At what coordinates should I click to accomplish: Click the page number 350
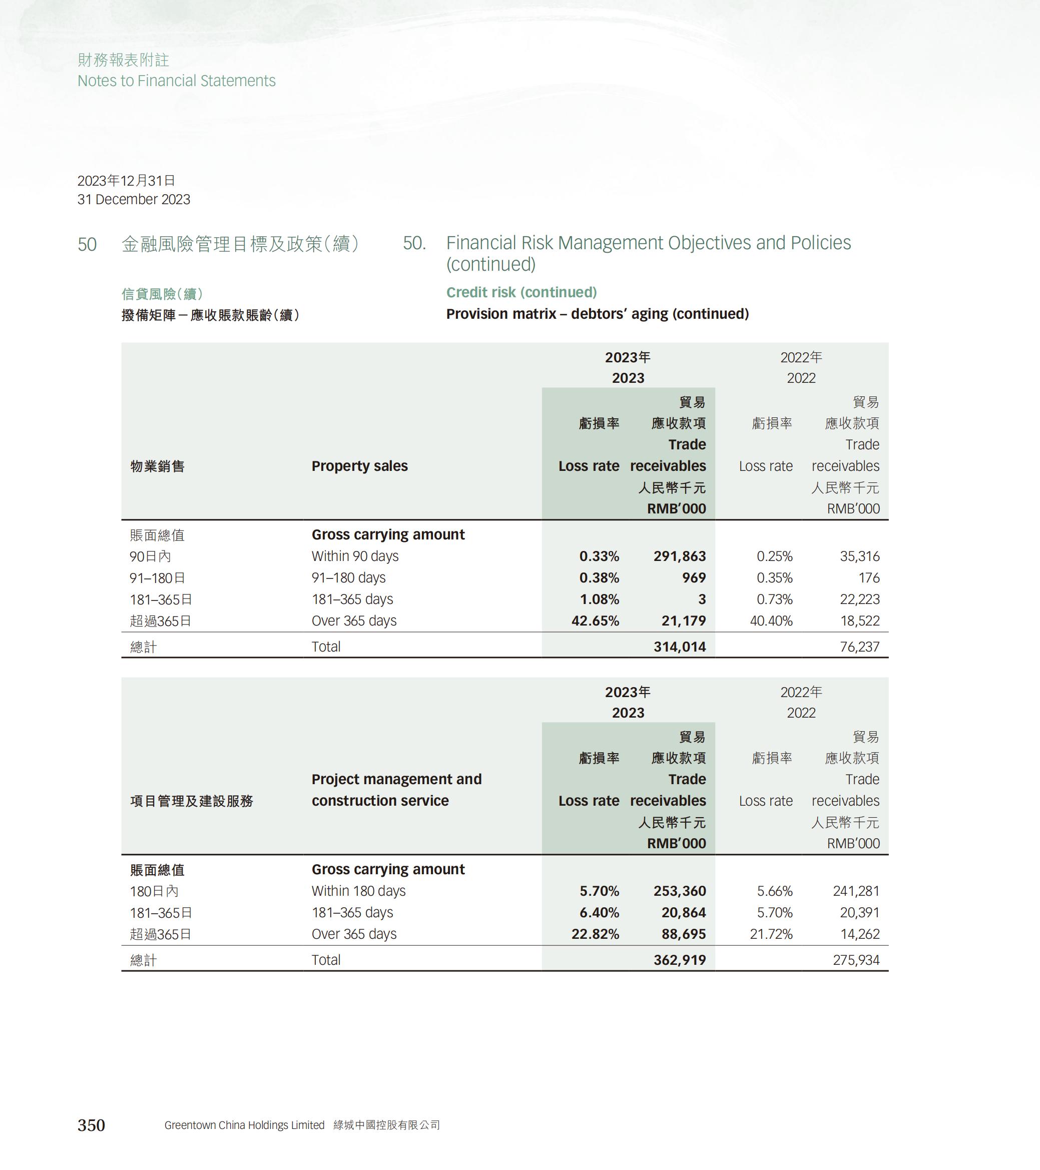91,1125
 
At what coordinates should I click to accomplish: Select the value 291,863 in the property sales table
680,556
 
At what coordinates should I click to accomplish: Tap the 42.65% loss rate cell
595,621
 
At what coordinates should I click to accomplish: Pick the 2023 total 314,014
680,647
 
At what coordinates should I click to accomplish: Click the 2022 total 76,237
859,647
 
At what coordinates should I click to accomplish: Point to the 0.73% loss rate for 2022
774,600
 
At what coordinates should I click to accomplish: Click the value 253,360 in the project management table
680,891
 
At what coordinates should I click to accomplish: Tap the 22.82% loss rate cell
595,934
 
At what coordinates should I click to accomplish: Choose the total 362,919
680,960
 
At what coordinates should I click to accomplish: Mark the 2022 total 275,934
856,960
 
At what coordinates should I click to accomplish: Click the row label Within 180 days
358,891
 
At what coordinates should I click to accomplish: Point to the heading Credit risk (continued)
521,292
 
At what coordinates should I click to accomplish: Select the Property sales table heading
359,466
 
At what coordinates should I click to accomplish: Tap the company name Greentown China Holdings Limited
244,1125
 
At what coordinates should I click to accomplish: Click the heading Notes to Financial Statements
176,81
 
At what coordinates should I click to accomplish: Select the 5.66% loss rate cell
774,891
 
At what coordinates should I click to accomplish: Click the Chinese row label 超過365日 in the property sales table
160,621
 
